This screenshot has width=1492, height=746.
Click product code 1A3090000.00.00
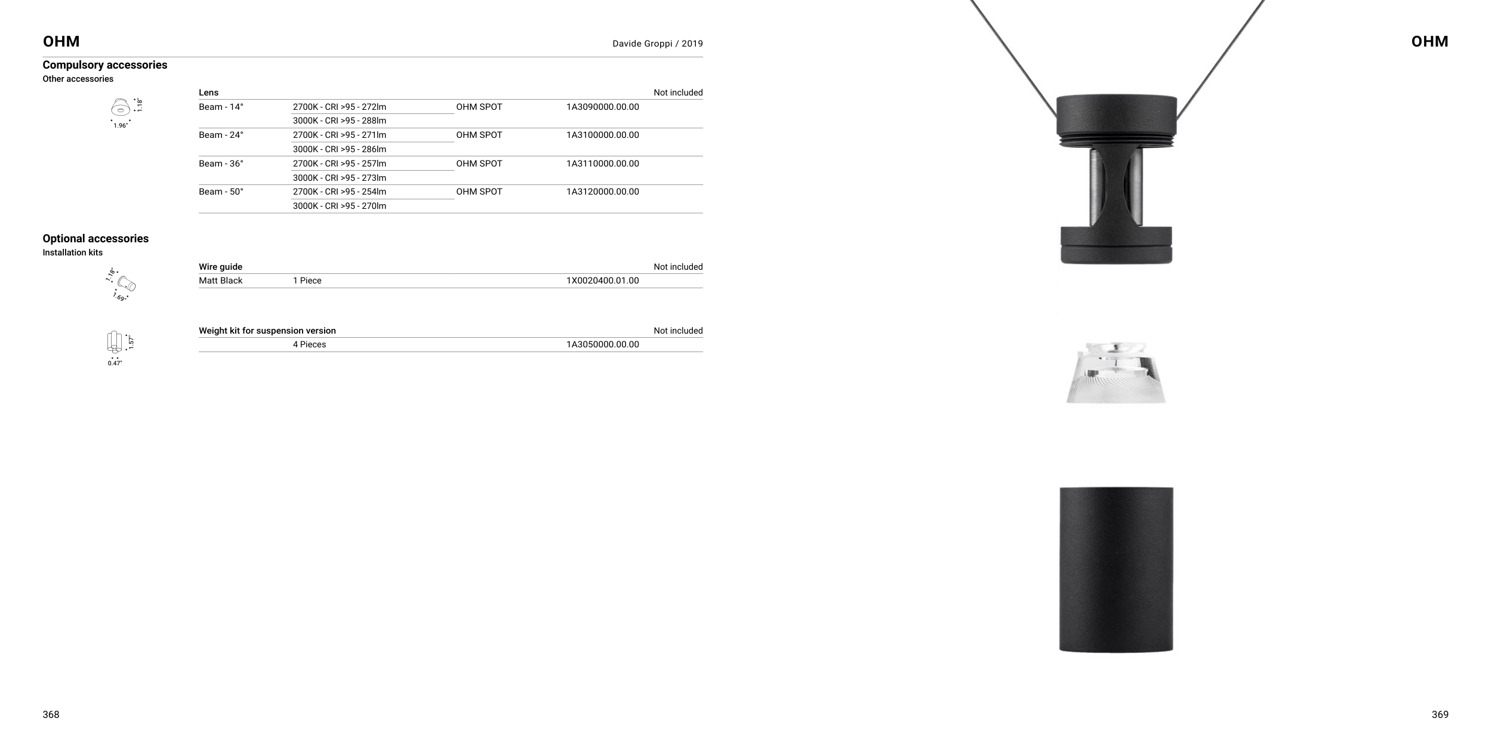pos(602,107)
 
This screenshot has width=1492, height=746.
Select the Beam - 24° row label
pos(221,135)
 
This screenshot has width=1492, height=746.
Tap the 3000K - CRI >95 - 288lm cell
pos(339,121)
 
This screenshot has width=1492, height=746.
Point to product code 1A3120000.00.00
pos(602,192)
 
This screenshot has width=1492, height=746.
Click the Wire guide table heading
pos(220,267)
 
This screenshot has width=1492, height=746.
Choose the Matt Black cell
pos(220,280)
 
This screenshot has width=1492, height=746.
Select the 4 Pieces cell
pos(309,344)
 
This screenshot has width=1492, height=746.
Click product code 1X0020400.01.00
pos(602,280)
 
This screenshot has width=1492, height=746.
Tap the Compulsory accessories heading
pos(105,65)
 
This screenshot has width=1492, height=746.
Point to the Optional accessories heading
pos(95,239)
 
